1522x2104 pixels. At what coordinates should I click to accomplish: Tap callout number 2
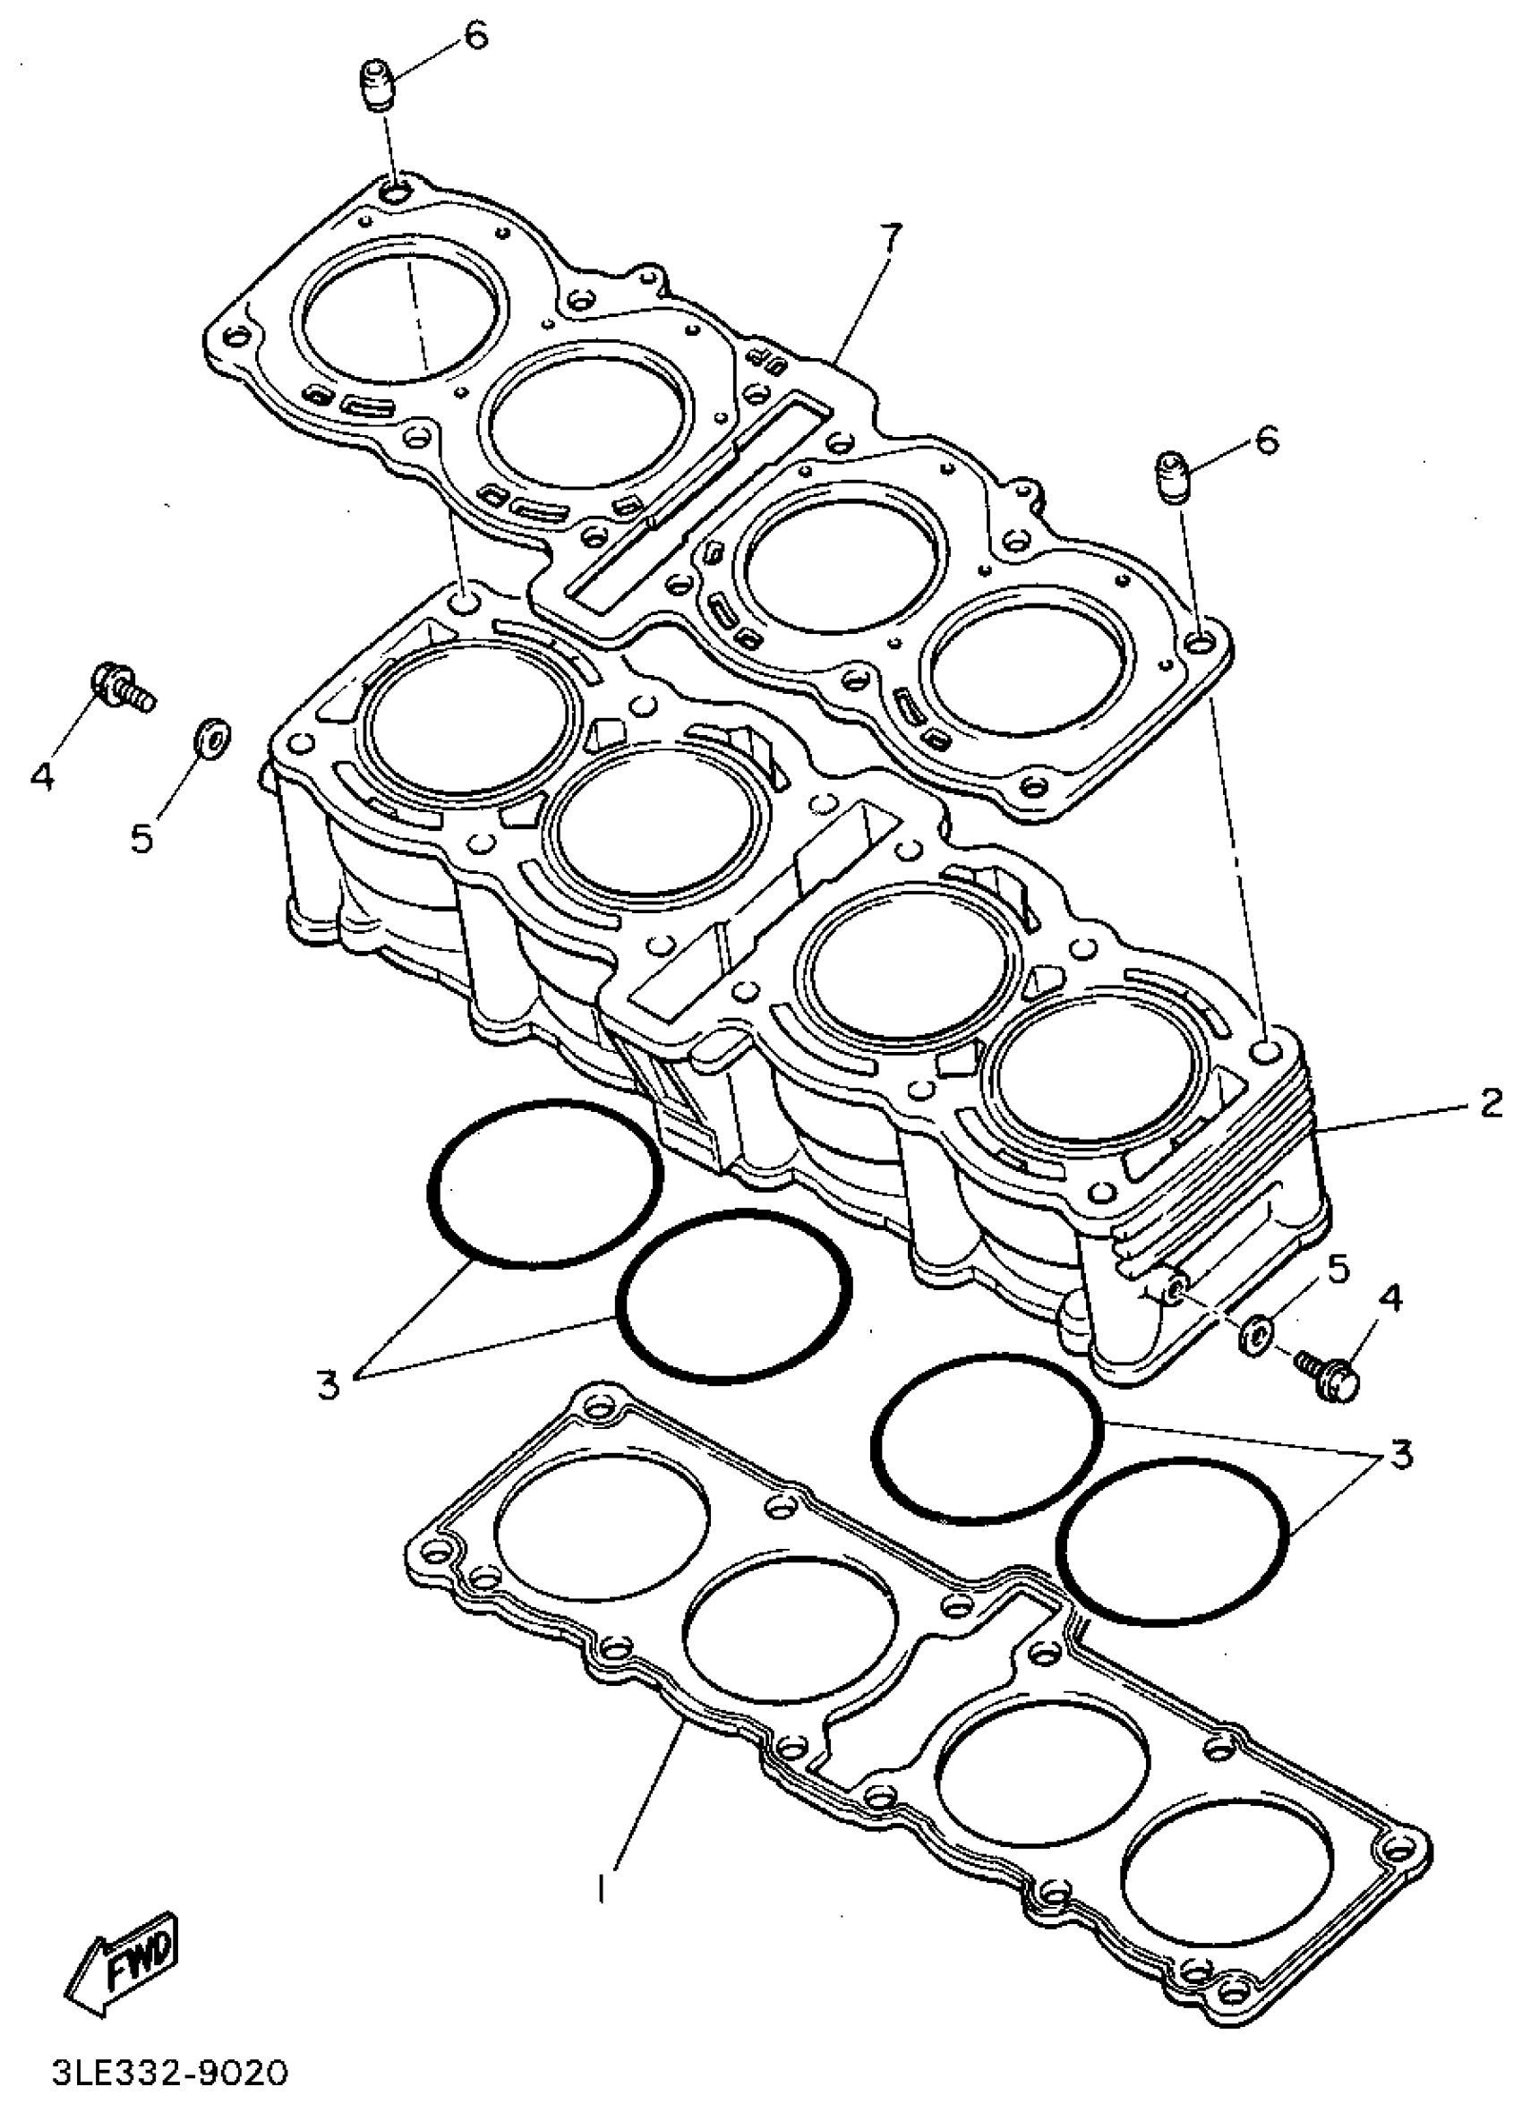pos(1490,1104)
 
